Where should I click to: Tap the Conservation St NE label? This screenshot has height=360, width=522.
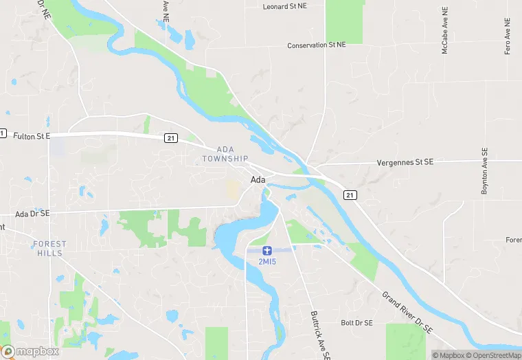click(x=317, y=45)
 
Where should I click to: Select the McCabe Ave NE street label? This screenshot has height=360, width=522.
click(x=445, y=31)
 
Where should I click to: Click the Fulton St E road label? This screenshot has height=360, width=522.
click(x=32, y=137)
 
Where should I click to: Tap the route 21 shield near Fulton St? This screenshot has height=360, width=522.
click(x=171, y=138)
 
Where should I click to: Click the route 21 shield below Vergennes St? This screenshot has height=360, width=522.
click(x=350, y=195)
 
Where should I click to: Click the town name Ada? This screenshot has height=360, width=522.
click(x=258, y=179)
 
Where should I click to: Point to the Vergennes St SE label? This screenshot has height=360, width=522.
click(x=405, y=164)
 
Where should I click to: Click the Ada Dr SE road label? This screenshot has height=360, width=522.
click(x=32, y=214)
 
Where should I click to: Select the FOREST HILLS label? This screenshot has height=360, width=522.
click(x=49, y=249)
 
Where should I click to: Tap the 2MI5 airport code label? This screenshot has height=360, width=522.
click(x=267, y=262)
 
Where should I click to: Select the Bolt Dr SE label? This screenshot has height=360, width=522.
click(x=356, y=323)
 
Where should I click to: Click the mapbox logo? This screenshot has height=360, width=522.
click(x=30, y=351)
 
